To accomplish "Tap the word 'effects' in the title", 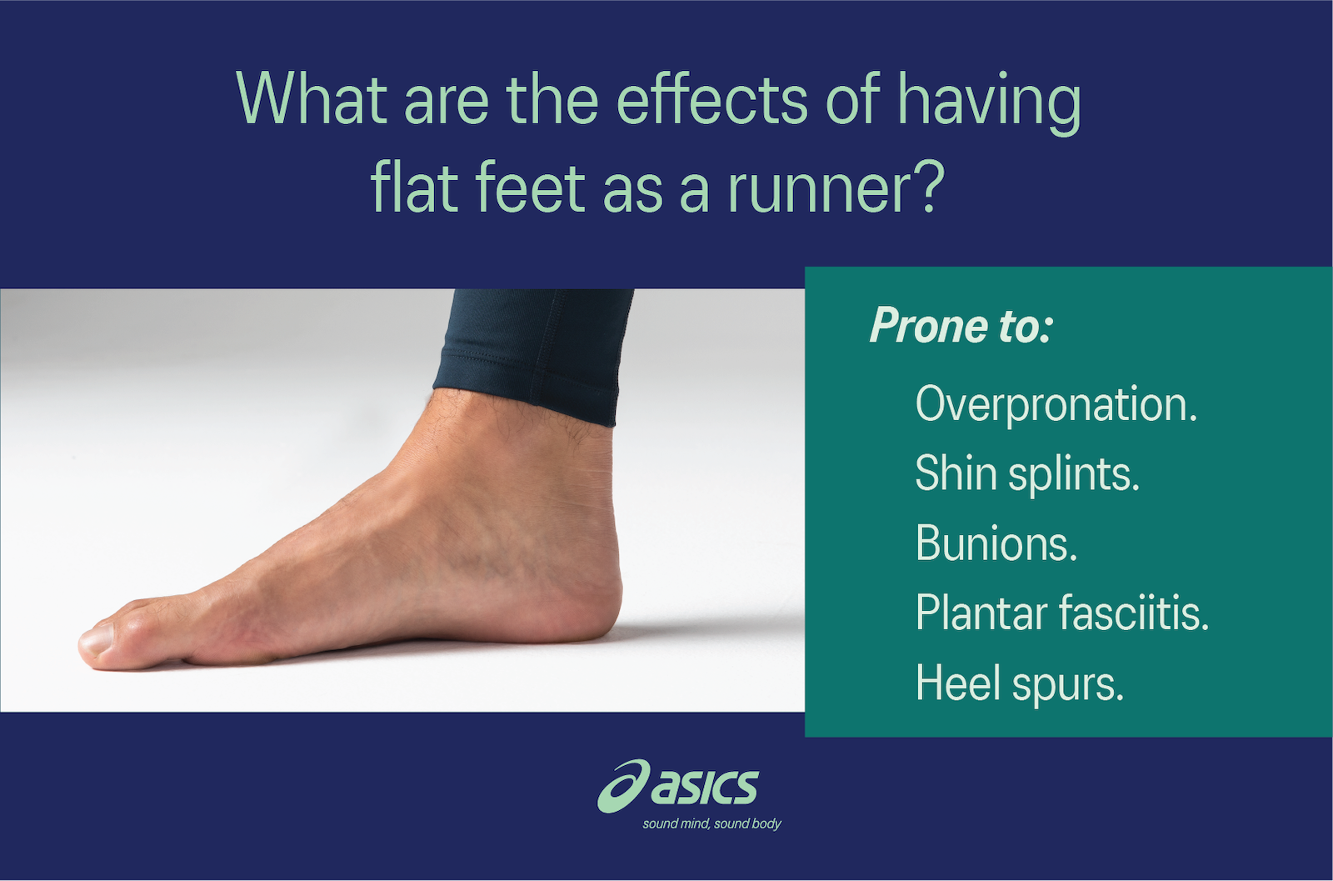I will (x=712, y=100).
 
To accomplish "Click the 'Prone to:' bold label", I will (x=961, y=326).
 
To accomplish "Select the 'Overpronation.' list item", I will (x=1056, y=405).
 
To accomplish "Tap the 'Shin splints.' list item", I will (x=1026, y=474).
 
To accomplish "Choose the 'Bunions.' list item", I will (x=996, y=543).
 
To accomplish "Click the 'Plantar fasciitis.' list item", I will (x=1061, y=613).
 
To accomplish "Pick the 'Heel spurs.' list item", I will (x=1019, y=683).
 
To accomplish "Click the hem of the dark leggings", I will (x=525, y=392).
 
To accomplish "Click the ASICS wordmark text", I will (x=704, y=787).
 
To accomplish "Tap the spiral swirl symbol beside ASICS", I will (x=622, y=785).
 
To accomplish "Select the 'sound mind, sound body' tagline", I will (x=711, y=824).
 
